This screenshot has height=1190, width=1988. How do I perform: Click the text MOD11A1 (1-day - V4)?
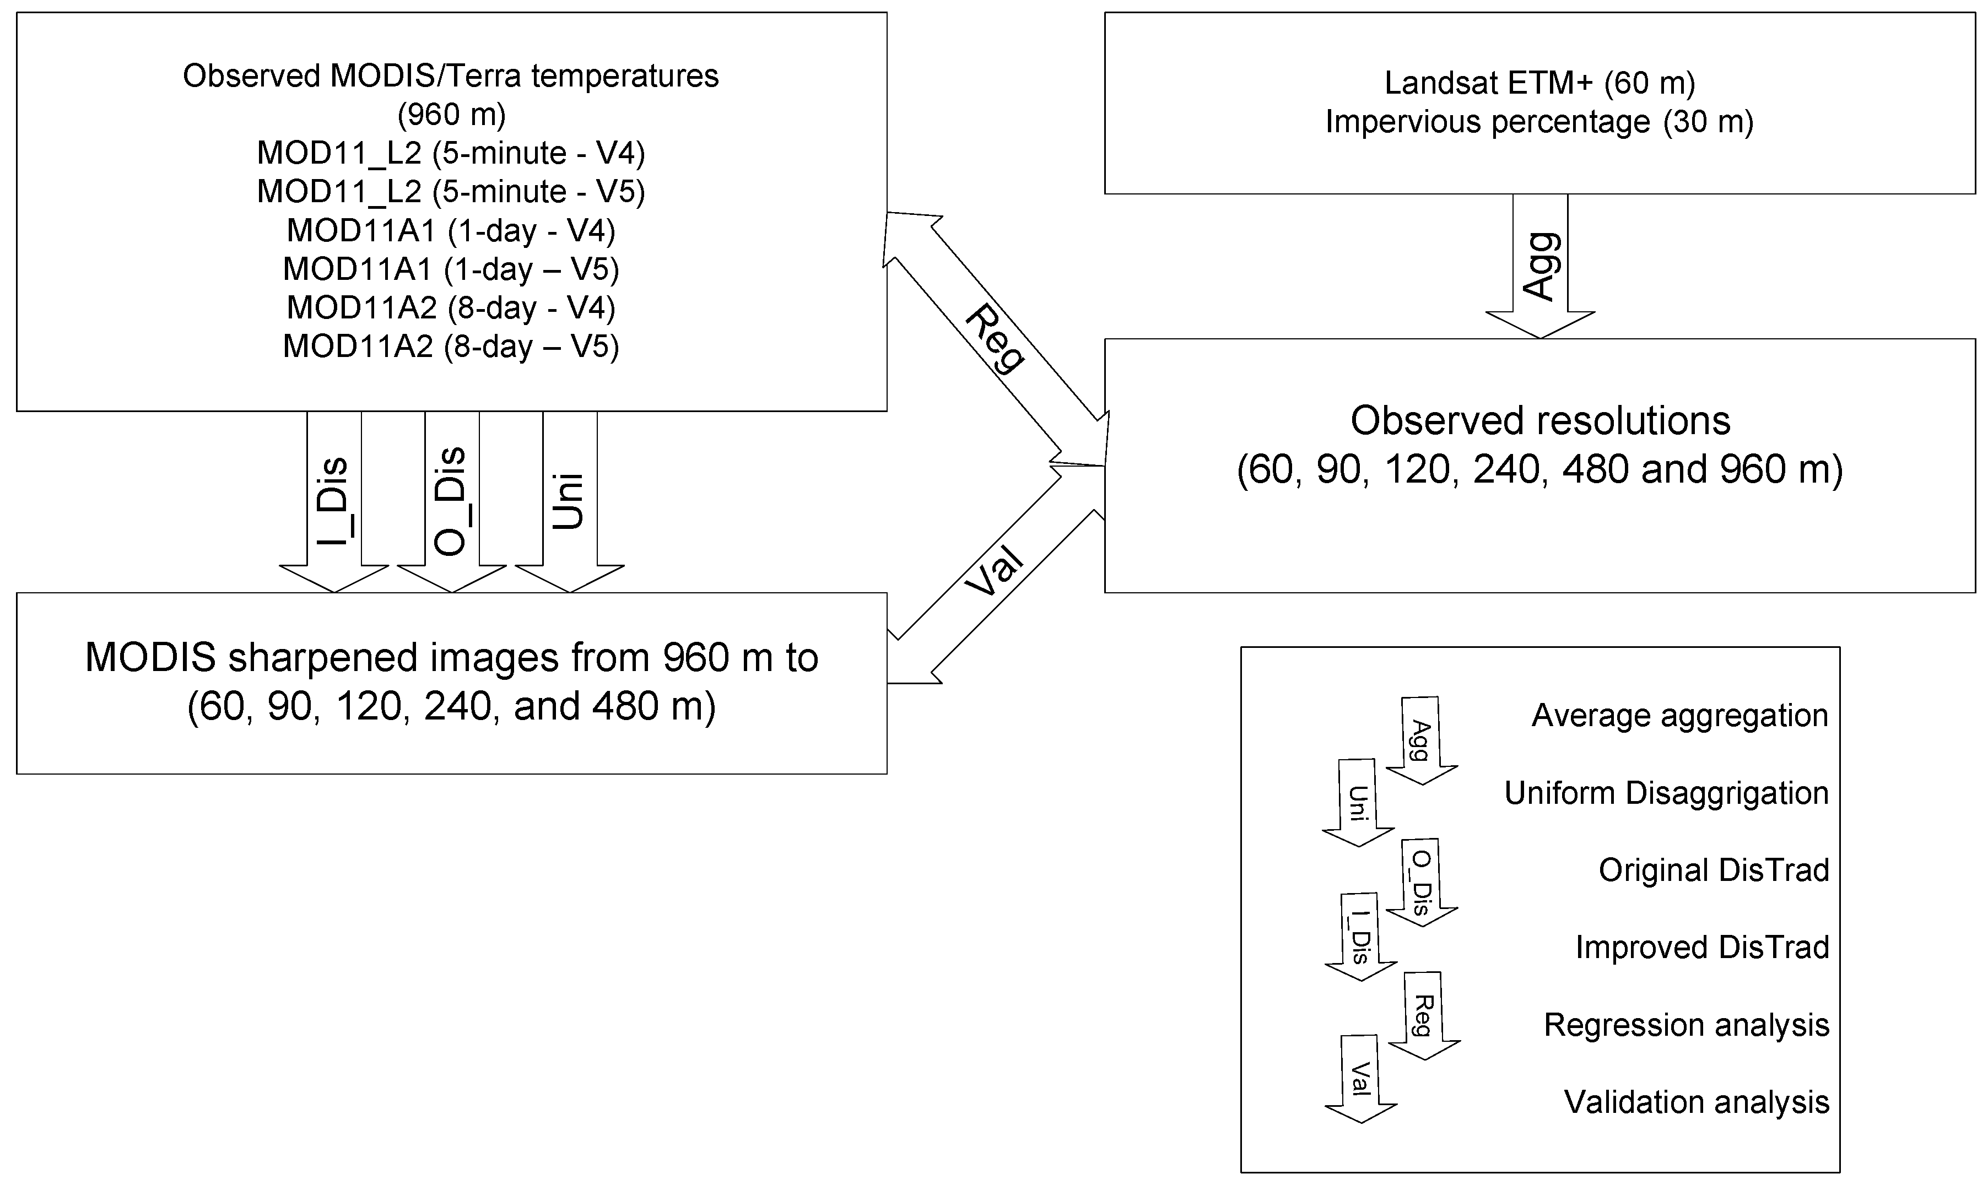pos(451,231)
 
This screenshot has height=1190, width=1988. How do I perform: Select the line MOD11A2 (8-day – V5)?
pos(451,347)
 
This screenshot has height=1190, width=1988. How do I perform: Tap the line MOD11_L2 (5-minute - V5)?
pos(451,192)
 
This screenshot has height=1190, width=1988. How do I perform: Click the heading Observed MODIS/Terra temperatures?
pos(451,76)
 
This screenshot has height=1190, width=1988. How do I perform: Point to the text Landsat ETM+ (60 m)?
pos(1539,83)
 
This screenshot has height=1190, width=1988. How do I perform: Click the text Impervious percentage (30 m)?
pos(1539,122)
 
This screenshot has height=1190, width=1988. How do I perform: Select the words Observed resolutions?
pos(1539,421)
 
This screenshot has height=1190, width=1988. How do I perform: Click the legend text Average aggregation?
pos(1679,715)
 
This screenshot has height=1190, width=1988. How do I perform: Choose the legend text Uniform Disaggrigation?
pos(1666,793)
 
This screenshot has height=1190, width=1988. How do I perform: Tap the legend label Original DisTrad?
pos(1714,870)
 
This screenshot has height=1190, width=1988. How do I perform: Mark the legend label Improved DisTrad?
pos(1701,947)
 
